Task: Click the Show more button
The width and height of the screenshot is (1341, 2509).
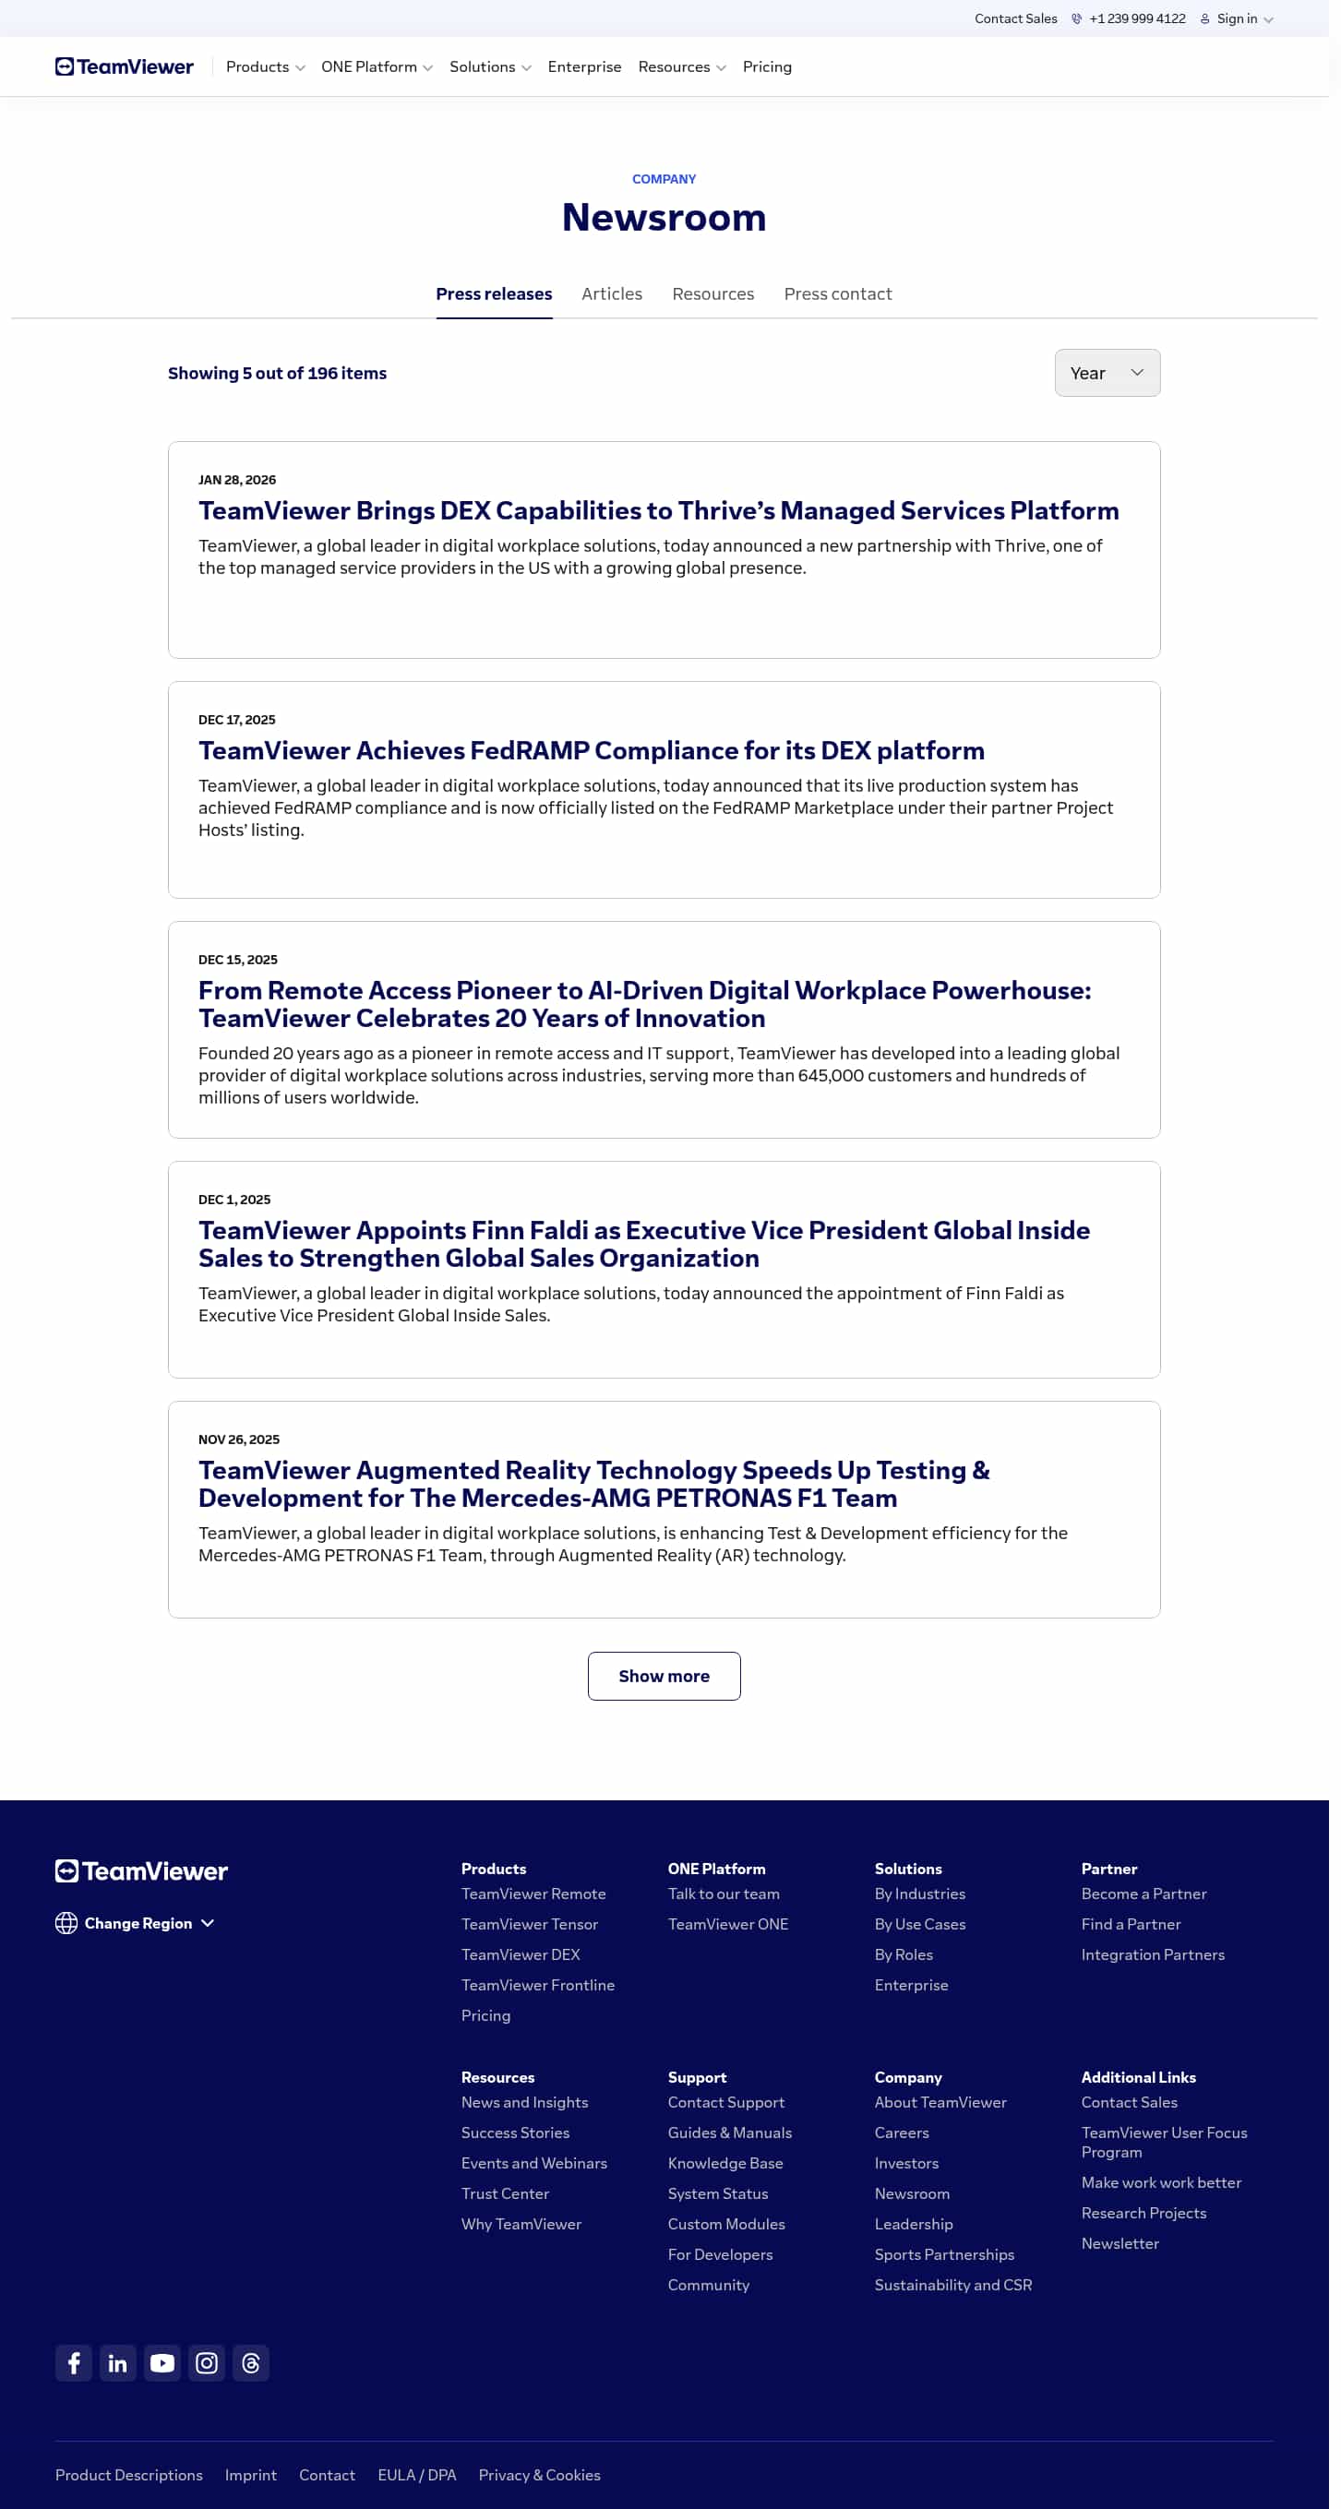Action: (664, 1675)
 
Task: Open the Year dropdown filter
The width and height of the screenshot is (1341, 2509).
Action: (1107, 373)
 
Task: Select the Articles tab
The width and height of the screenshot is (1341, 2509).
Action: (611, 294)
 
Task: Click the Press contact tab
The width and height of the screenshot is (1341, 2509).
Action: (836, 294)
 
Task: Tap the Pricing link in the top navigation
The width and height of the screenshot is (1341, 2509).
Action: (766, 67)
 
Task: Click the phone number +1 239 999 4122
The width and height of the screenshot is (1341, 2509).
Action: (1135, 18)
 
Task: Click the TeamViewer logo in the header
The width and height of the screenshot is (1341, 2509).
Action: (125, 67)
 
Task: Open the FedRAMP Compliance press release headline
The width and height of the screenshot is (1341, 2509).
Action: (592, 750)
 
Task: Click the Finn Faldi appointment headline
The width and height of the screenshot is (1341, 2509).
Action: (643, 1244)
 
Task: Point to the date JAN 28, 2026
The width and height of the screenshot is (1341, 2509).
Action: (236, 480)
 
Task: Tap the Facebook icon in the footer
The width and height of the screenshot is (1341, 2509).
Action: (73, 2363)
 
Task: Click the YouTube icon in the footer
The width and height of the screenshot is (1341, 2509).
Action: (162, 2363)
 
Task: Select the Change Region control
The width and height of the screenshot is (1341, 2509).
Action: (136, 1923)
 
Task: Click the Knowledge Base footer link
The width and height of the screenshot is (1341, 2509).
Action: (724, 2162)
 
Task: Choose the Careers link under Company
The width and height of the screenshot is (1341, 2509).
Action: (901, 2133)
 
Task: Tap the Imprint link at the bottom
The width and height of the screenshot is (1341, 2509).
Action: (250, 2475)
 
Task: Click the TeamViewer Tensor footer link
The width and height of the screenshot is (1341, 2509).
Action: (529, 1924)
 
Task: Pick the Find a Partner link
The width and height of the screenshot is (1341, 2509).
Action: (1130, 1924)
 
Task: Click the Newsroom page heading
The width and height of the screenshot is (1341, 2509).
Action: (664, 217)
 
